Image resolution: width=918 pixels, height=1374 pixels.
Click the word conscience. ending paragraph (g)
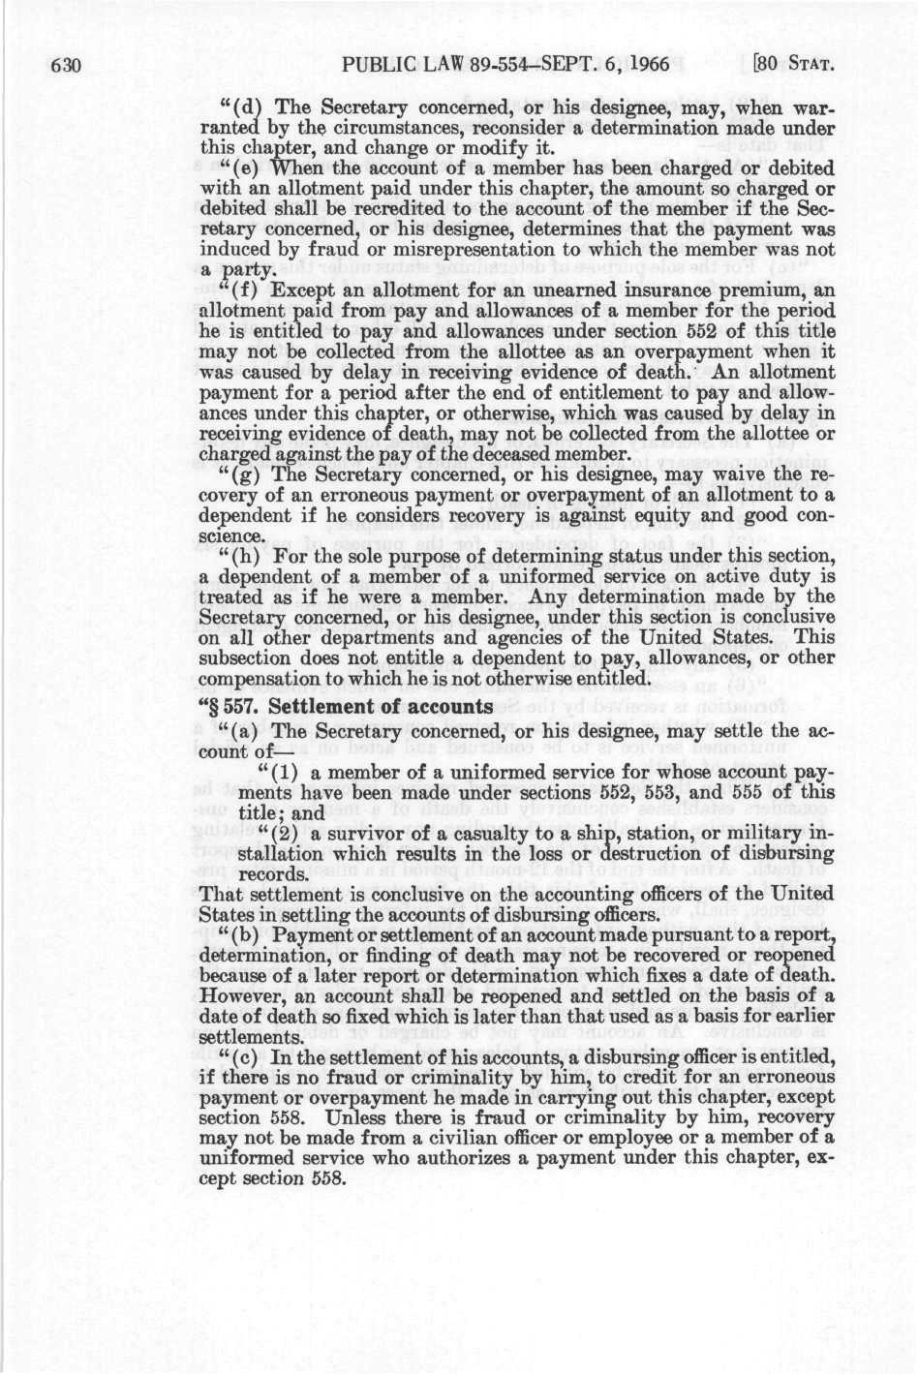(230, 535)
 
